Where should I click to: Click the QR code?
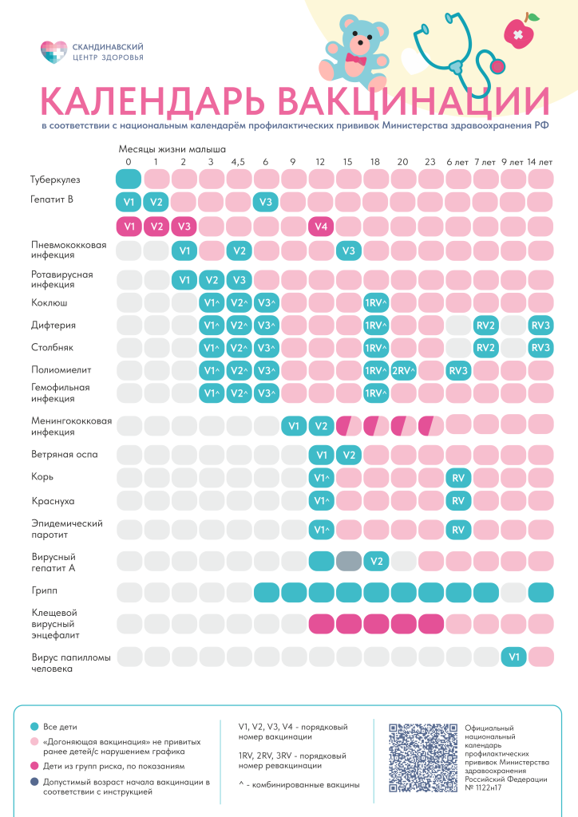pyautogui.click(x=421, y=757)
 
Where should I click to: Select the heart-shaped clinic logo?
pyautogui.click(x=50, y=53)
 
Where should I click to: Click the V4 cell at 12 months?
pyautogui.click(x=321, y=226)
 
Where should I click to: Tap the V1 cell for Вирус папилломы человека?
pyautogui.click(x=513, y=657)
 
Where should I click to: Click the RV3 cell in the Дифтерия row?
pyautogui.click(x=540, y=326)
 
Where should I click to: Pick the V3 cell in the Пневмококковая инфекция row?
pyautogui.click(x=348, y=251)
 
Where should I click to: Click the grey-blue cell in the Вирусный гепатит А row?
pyautogui.click(x=348, y=561)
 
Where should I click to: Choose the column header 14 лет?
pyautogui.click(x=540, y=162)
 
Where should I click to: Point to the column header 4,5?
pyautogui.click(x=238, y=162)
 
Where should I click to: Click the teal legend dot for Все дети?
pyautogui.click(x=34, y=728)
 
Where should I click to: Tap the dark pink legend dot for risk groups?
pyautogui.click(x=34, y=766)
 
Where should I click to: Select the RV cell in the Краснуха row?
pyautogui.click(x=458, y=501)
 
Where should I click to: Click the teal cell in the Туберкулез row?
pyautogui.click(x=129, y=180)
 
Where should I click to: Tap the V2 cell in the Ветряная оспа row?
pyautogui.click(x=348, y=456)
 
